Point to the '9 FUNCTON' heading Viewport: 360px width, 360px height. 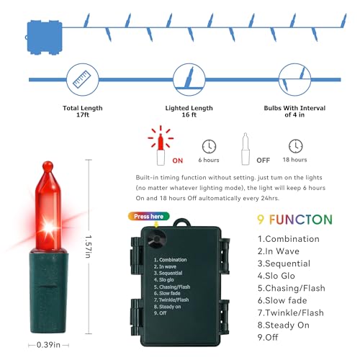(x=294, y=220)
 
